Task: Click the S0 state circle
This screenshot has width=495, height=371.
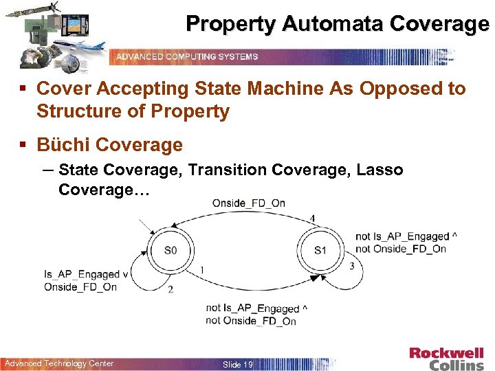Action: (170, 250)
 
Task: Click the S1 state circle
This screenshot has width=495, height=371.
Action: (320, 250)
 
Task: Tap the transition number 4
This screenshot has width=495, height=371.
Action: (313, 218)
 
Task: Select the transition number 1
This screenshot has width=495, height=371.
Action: (201, 270)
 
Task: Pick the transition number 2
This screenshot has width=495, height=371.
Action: (170, 289)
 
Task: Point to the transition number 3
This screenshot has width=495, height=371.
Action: (352, 266)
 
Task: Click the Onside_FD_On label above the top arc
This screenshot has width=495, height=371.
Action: (248, 203)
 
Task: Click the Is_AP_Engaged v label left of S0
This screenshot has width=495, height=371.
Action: (87, 275)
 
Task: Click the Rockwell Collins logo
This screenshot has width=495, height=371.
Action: (446, 359)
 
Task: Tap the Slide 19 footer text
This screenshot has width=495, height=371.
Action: (237, 364)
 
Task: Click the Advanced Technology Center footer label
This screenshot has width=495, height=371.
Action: (59, 363)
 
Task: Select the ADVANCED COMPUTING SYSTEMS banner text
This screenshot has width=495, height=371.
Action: (187, 56)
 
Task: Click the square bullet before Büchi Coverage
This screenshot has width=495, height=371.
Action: (24, 145)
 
